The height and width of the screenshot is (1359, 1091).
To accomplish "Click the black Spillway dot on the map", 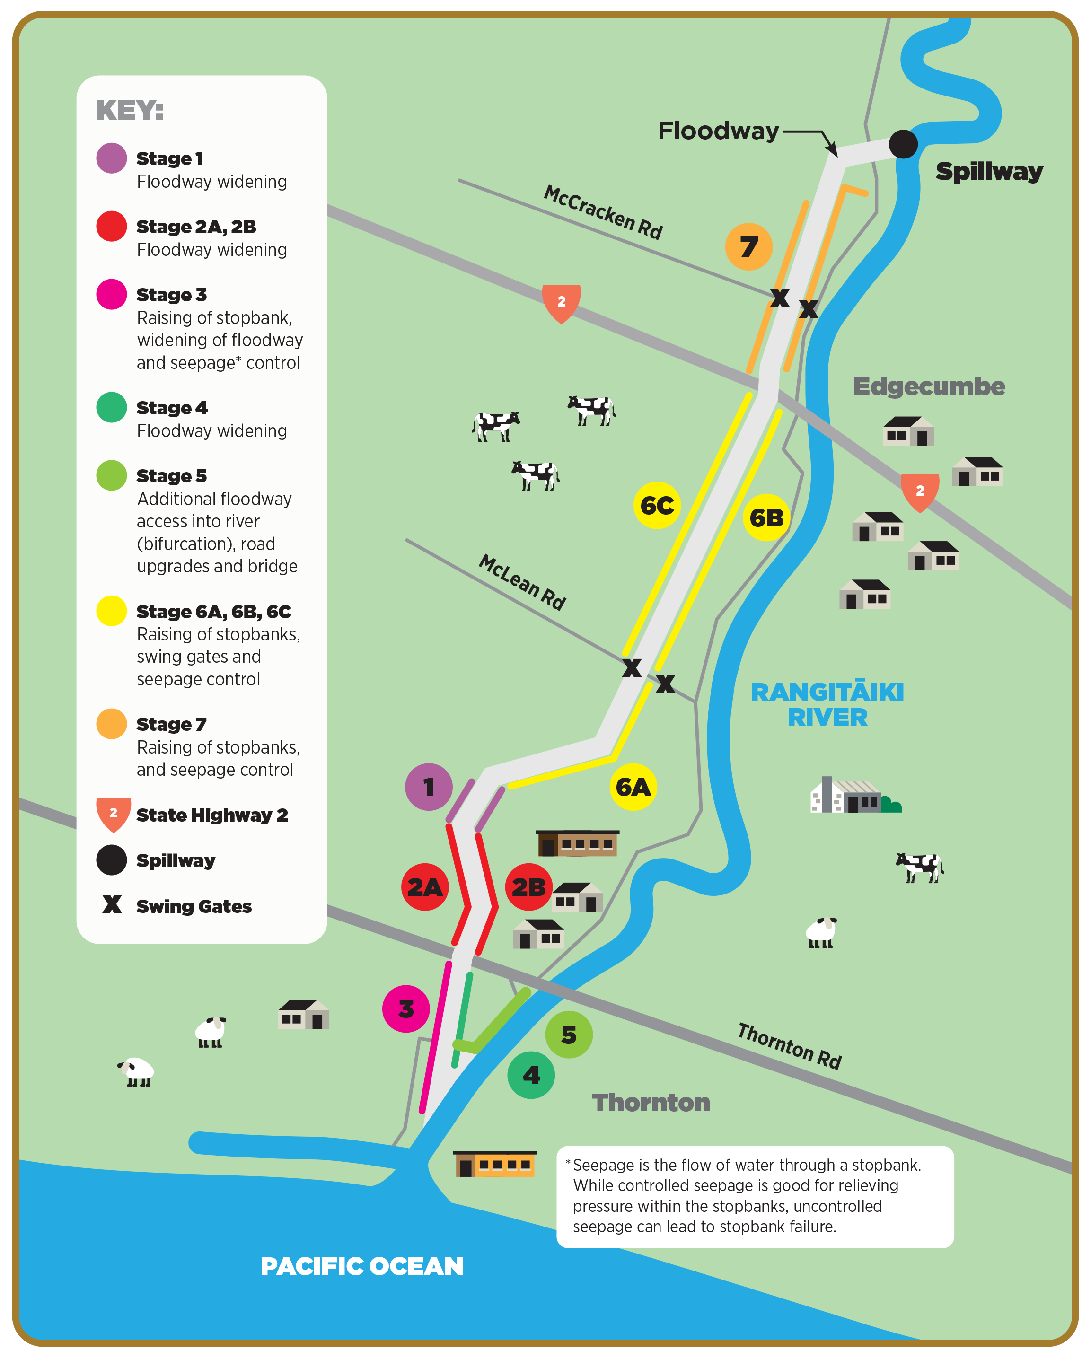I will (x=903, y=144).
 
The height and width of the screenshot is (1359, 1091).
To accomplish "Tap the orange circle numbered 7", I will (x=748, y=246).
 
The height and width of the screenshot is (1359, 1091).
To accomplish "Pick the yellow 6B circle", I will (x=766, y=517).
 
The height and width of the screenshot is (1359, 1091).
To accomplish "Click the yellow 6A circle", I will (x=633, y=787).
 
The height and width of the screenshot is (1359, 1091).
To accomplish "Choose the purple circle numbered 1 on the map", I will (x=429, y=787).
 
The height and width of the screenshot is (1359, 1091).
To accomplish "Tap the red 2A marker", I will (x=425, y=887).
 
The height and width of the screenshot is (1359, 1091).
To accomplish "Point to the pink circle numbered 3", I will (x=406, y=1008).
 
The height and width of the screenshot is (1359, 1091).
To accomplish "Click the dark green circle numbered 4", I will (x=531, y=1075).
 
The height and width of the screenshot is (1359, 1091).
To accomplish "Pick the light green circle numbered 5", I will (x=569, y=1035).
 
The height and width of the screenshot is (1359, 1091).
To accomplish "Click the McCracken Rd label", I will (x=603, y=212).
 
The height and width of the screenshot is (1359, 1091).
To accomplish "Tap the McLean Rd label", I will (x=522, y=582).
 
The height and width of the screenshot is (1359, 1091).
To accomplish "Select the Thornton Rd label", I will (x=789, y=1046).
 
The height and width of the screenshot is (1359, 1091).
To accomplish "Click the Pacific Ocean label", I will (x=362, y=1266).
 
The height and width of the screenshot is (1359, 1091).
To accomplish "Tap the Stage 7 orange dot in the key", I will (x=112, y=724).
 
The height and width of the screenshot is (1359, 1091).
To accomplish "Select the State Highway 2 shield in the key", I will (x=114, y=814).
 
